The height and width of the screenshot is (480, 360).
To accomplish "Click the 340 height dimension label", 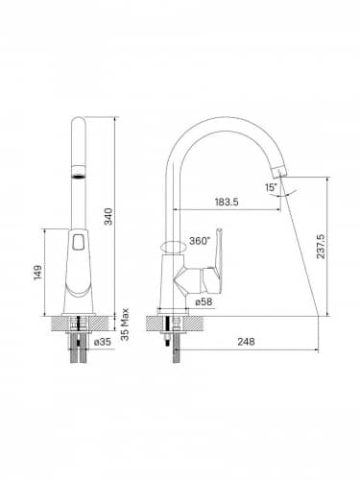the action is pyautogui.click(x=108, y=216).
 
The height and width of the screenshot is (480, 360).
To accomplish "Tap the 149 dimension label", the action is pyautogui.click(x=37, y=273).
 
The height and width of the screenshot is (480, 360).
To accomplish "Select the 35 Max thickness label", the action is pyautogui.click(x=125, y=324).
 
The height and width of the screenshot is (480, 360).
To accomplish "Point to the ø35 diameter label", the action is pyautogui.click(x=103, y=342).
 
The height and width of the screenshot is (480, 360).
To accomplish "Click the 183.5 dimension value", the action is pyautogui.click(x=227, y=202).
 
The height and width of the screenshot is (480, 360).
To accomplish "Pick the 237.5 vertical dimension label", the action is pyautogui.click(x=321, y=247).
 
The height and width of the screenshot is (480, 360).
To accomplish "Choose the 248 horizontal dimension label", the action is pyautogui.click(x=246, y=342).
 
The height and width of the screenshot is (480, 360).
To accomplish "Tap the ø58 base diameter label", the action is pyautogui.click(x=204, y=301).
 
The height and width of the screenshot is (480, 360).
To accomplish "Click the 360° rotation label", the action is pyautogui.click(x=199, y=241).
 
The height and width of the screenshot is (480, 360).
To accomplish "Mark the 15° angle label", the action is pyautogui.click(x=271, y=187).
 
